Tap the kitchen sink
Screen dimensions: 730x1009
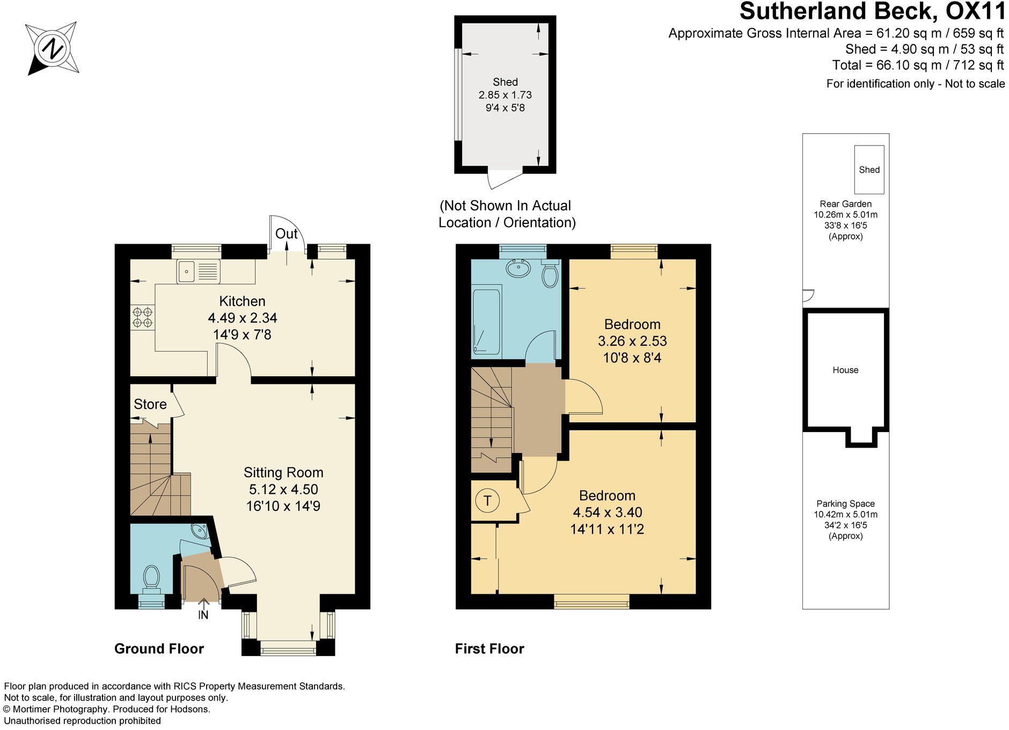click(x=198, y=272)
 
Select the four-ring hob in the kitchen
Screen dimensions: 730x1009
click(x=142, y=317)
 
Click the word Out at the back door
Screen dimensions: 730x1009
click(x=286, y=234)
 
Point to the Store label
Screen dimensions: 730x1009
click(x=150, y=404)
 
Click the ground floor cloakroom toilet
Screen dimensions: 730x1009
click(x=151, y=579)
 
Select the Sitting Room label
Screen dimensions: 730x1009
click(x=283, y=472)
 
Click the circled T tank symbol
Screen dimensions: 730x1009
click(x=487, y=501)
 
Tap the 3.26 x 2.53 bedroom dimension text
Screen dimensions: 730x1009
click(x=632, y=341)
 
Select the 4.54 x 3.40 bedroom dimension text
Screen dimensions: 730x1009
click(x=607, y=512)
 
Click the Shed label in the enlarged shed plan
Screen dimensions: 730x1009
click(x=505, y=82)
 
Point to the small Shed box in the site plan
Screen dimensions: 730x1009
click(x=869, y=170)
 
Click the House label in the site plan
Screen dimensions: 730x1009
click(x=845, y=370)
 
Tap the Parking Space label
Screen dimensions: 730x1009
click(x=845, y=503)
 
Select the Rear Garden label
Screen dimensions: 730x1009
click(x=845, y=204)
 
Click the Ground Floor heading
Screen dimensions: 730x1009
click(x=159, y=648)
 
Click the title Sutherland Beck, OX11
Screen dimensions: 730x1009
click(x=872, y=12)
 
